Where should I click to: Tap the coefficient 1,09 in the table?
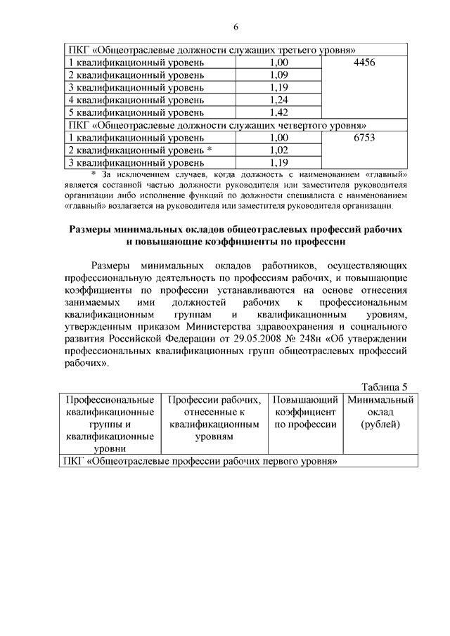pyautogui.click(x=278, y=75)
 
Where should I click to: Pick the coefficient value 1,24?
pyautogui.click(x=278, y=100)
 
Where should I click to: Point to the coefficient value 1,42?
pyautogui.click(x=278, y=112)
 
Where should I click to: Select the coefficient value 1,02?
pyautogui.click(x=278, y=150)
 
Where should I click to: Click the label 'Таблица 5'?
pyautogui.click(x=384, y=387)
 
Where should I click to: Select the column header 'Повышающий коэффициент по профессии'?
pyautogui.click(x=305, y=412)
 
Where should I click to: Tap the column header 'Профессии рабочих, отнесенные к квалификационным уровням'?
pyautogui.click(x=215, y=418)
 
